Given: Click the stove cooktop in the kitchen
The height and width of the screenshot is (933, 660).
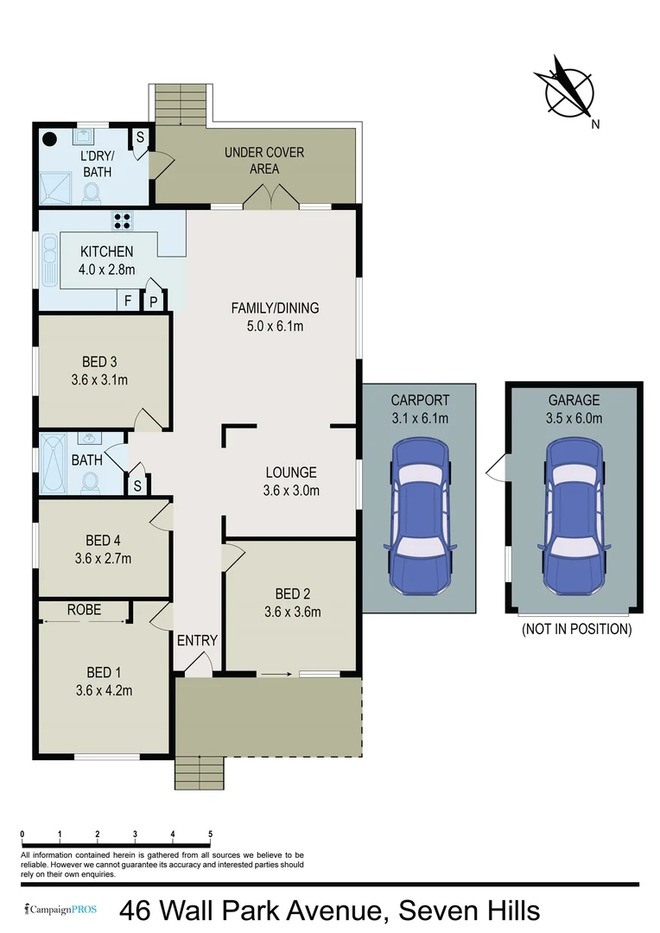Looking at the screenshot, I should click(x=122, y=220).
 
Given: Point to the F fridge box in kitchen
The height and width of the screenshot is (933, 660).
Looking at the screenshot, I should click(x=128, y=301).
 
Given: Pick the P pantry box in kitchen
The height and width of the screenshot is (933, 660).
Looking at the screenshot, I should click(x=154, y=301).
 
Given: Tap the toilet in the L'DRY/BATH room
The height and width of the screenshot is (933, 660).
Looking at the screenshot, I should click(x=92, y=194).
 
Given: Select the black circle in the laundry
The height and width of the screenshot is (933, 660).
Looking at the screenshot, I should click(x=50, y=138).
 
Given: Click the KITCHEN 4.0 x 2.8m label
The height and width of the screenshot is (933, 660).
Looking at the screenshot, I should click(x=106, y=260).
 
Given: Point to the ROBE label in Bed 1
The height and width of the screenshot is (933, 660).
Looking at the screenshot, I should click(x=84, y=610).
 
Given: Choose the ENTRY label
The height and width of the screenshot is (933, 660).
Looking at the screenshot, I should click(x=197, y=641).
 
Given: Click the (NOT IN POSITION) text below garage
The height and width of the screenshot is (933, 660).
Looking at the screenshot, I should click(x=576, y=629).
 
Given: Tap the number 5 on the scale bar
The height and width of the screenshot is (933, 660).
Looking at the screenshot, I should click(x=211, y=835).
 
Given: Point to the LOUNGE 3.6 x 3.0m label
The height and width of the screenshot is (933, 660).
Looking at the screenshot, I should click(x=291, y=482).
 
